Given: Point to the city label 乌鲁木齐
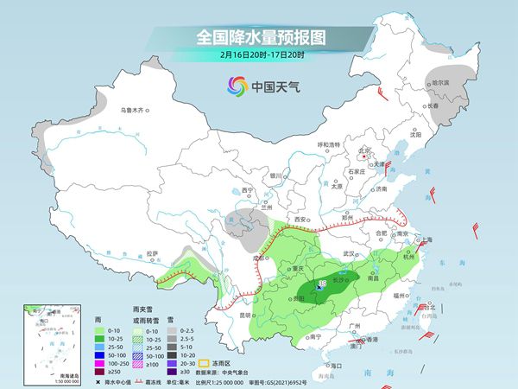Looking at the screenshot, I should coord(136,111).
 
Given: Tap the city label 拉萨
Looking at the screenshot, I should coord(153,253).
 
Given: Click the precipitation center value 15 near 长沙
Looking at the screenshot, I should coord(322,284).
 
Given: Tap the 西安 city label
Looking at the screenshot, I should coord(301,220).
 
